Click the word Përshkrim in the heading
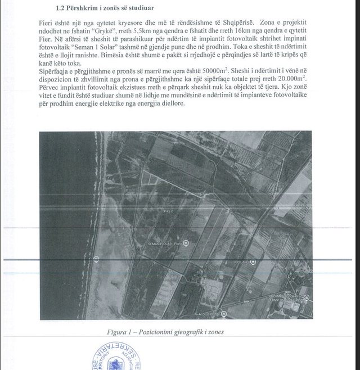[85, 8]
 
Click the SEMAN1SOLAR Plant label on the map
[164, 243]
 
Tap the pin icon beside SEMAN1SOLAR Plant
[186, 243]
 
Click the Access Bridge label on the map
[209, 314]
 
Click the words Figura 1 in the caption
[119, 332]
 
